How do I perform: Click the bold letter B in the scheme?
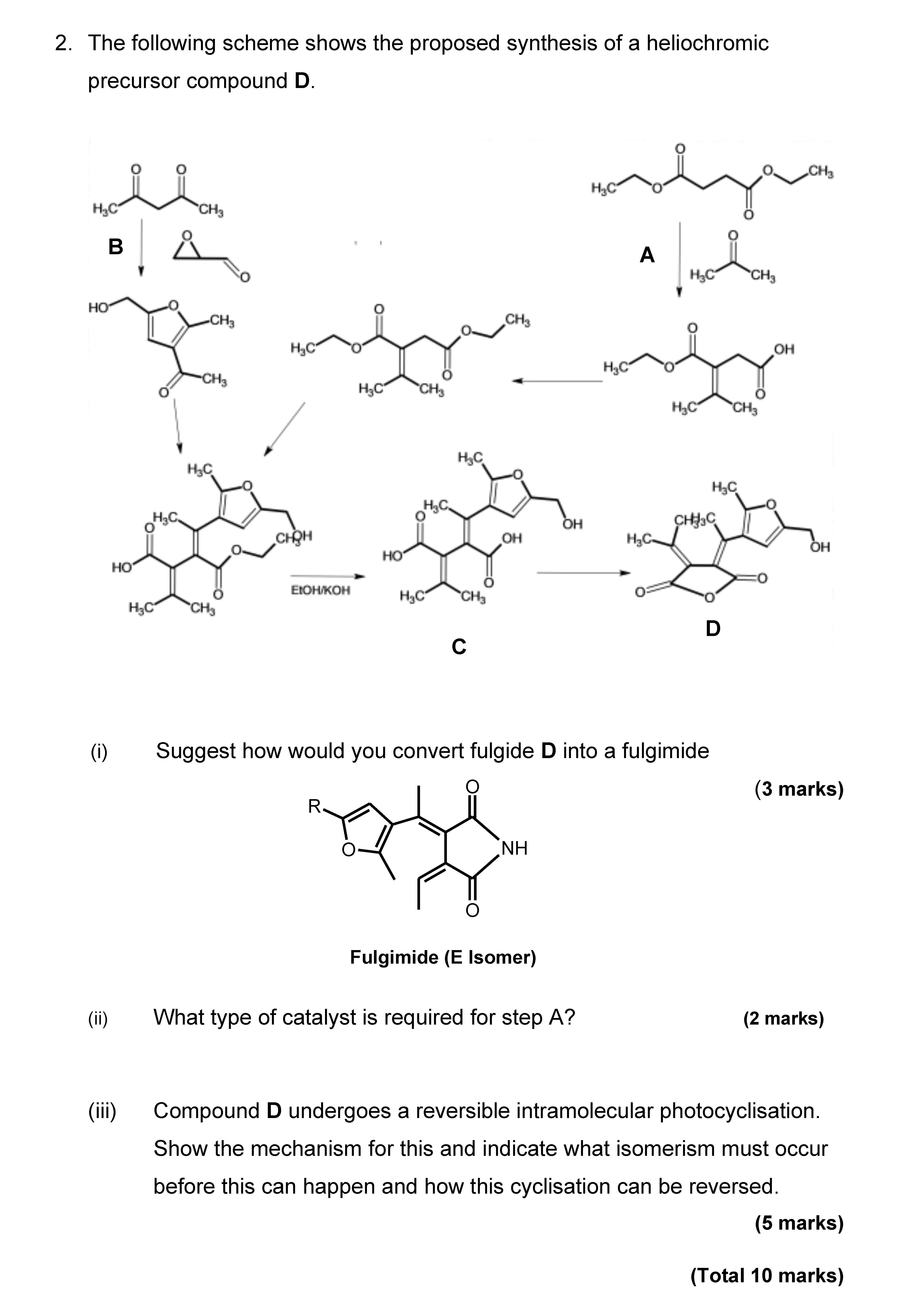(116, 247)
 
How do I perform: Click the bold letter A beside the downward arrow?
(647, 255)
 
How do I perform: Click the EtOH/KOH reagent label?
(320, 590)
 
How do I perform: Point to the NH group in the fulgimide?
(514, 848)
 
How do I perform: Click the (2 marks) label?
(783, 1018)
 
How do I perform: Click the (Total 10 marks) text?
(767, 1275)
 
